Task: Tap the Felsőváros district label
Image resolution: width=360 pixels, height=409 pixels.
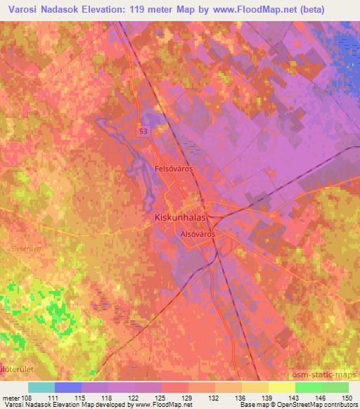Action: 174,169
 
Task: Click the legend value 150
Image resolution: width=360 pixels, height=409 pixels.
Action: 347,398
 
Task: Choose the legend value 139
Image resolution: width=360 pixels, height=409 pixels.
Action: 267,398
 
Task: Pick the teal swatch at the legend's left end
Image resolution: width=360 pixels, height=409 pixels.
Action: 41,387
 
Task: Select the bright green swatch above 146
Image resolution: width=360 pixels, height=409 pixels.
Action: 309,387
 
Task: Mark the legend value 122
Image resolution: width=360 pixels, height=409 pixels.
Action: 133,398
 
